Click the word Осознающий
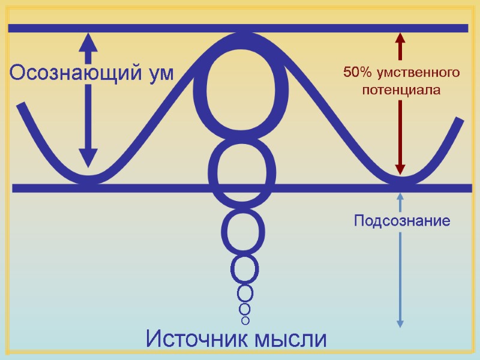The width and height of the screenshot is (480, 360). [71, 73]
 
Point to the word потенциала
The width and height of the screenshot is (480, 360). [401, 91]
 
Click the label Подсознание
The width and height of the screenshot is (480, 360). [402, 221]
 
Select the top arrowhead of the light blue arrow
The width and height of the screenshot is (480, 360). [400, 196]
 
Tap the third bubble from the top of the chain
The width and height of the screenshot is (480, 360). [244, 230]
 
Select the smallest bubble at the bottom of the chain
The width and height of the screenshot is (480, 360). [245, 320]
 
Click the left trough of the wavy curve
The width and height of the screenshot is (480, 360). [88, 179]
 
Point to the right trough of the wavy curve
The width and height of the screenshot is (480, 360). [400, 179]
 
